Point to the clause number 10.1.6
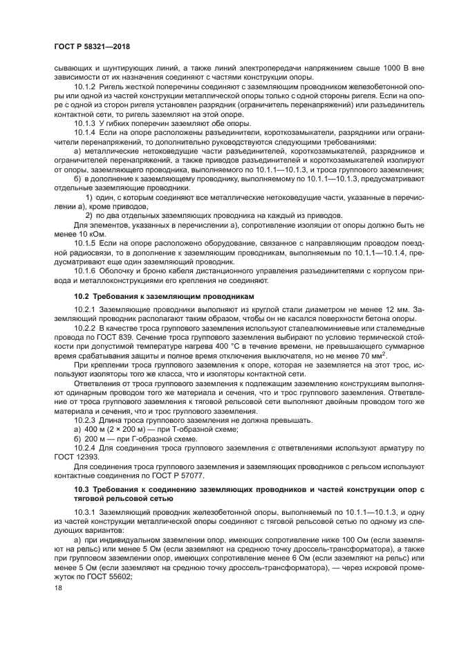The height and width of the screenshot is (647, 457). (84, 272)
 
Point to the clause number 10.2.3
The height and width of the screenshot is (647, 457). (84, 421)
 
